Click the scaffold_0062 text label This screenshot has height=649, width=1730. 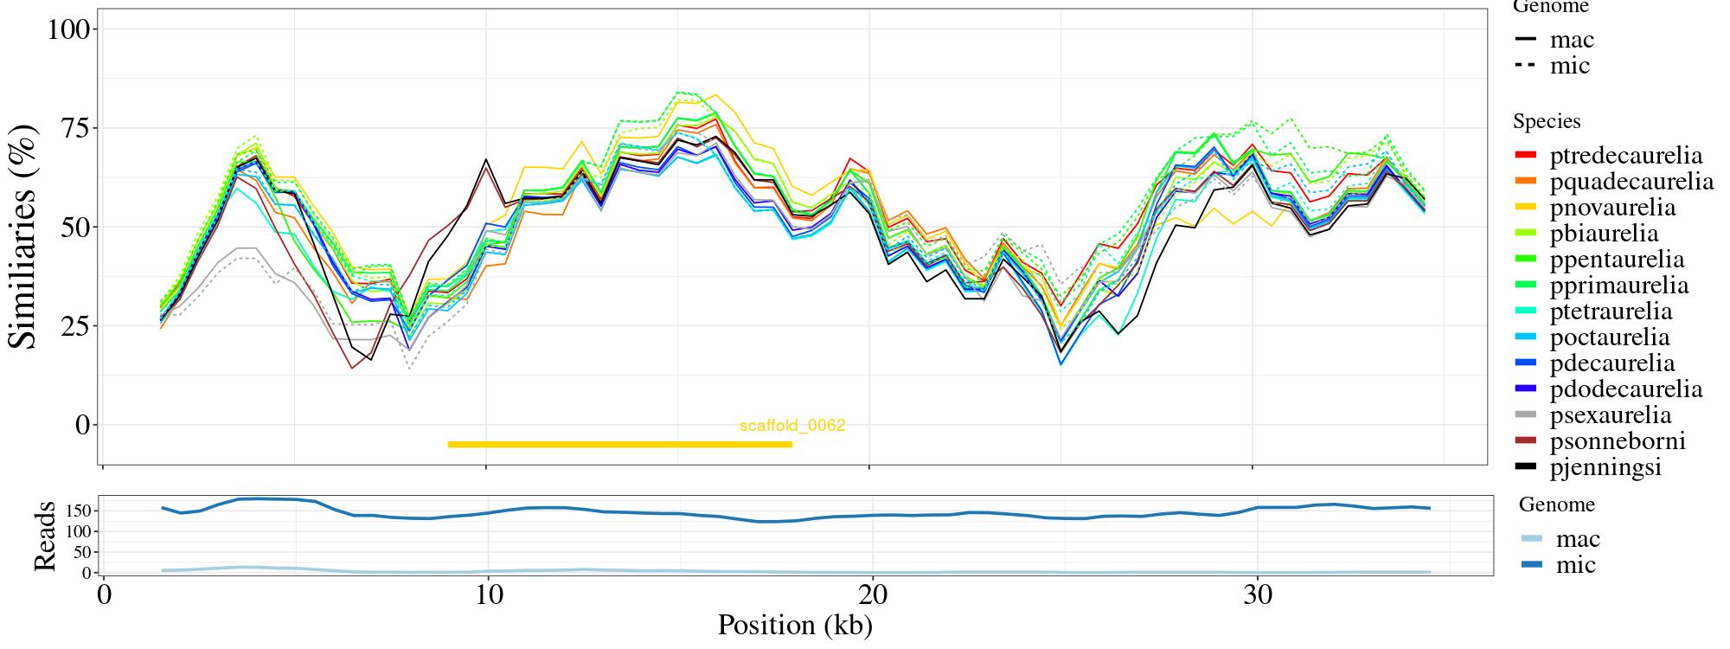[x=791, y=426]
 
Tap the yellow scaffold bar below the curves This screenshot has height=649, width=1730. [x=619, y=445]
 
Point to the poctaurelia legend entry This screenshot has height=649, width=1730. [x=1610, y=337]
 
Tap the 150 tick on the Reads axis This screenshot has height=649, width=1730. [x=79, y=511]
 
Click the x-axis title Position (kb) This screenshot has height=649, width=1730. [x=794, y=625]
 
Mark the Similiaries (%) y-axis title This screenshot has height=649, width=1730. [x=24, y=235]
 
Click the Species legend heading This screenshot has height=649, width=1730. [x=1547, y=121]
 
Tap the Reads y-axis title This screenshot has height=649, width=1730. [x=43, y=536]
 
